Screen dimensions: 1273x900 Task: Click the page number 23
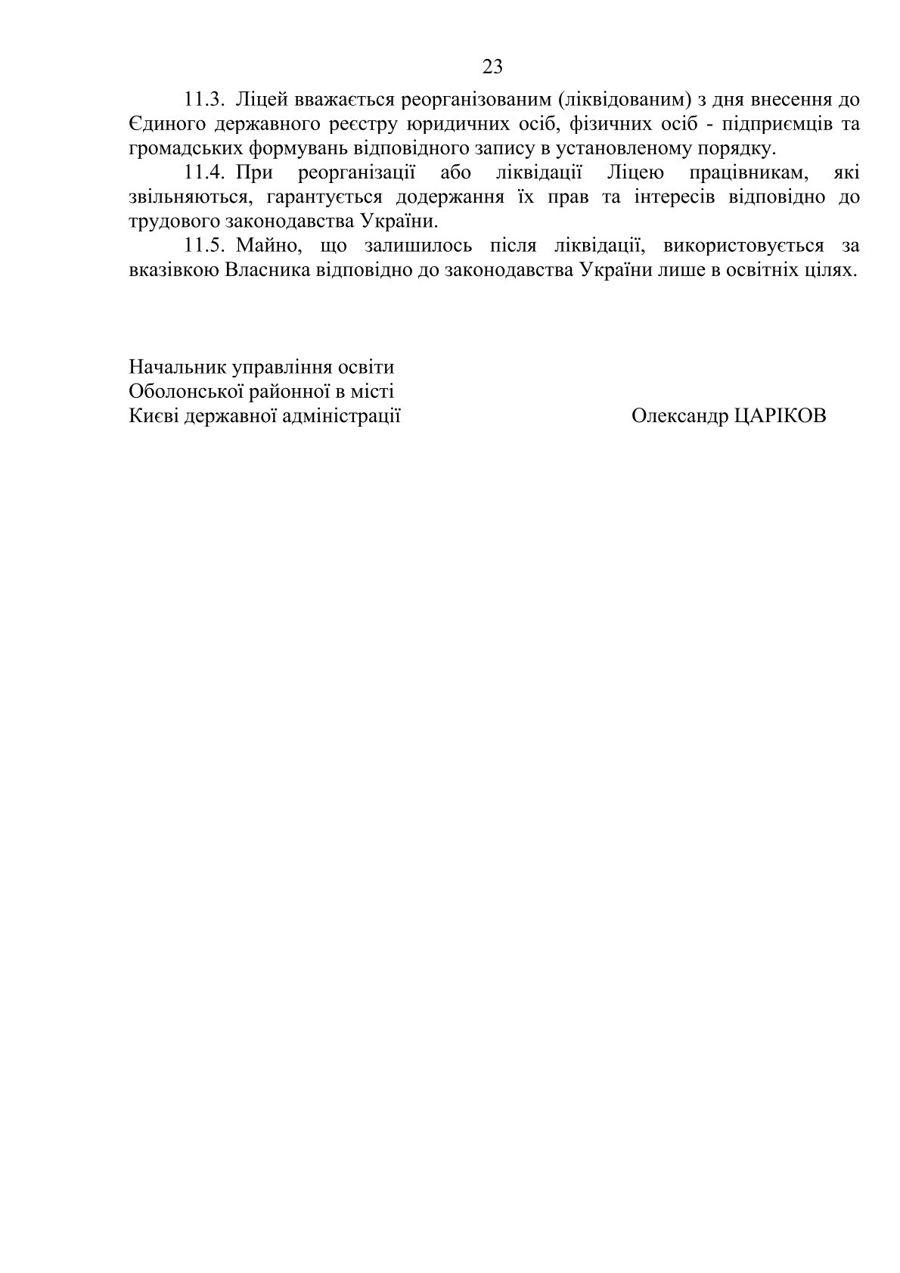coord(492,67)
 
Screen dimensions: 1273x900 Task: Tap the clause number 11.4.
coord(205,173)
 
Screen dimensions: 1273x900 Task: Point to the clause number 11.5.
coord(205,246)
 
